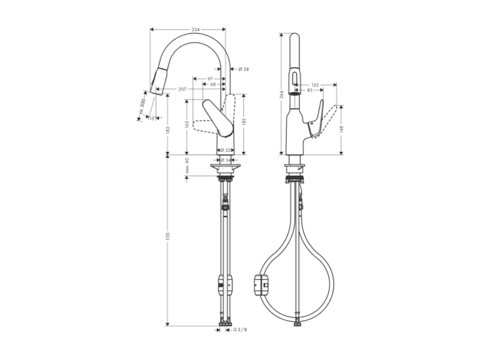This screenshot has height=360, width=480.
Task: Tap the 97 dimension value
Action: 210,79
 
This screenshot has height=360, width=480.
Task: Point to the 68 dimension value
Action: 213,84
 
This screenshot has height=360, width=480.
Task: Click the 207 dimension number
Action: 182,89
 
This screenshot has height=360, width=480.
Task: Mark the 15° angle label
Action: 151,118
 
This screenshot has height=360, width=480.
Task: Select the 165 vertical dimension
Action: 187,124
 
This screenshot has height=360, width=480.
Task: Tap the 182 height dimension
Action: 244,121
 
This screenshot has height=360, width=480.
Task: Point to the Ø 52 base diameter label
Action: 226,150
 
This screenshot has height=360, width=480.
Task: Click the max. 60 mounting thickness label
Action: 187,166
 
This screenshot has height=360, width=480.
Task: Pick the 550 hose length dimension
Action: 168,236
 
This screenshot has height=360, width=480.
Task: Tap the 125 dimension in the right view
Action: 315,84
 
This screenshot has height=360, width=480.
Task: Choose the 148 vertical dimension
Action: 341,129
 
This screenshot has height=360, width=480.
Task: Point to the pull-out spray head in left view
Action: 159,81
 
